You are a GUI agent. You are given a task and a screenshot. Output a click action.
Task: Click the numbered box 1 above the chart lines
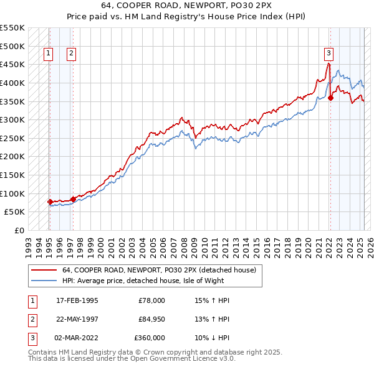click(x=49, y=53)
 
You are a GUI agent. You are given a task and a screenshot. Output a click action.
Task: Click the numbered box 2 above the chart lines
click(x=72, y=53)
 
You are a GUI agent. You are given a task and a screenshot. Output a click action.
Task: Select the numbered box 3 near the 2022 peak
click(x=328, y=53)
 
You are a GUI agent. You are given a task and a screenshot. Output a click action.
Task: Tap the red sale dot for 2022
click(x=331, y=97)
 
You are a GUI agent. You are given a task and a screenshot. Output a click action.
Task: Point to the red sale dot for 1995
click(x=50, y=202)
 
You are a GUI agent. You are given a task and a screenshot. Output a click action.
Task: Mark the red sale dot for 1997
click(x=73, y=199)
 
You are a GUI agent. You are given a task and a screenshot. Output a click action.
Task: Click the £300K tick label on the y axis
click(x=12, y=119)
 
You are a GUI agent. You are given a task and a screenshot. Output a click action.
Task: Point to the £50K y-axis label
click(x=14, y=212)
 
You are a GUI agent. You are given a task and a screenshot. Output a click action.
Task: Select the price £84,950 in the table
click(x=151, y=319)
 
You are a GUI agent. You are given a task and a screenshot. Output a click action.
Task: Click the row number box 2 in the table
click(x=31, y=319)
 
